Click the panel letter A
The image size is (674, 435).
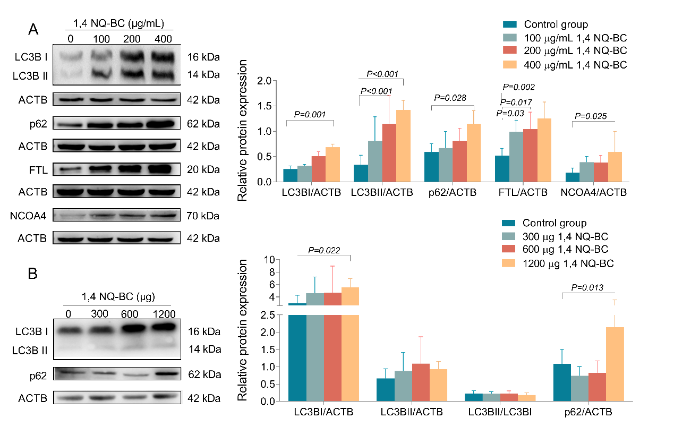click(x=33, y=30)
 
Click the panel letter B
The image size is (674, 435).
click(x=33, y=274)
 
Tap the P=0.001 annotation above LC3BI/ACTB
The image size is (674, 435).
click(x=310, y=115)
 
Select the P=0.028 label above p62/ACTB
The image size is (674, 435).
click(x=450, y=98)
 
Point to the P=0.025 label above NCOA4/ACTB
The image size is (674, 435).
click(x=591, y=116)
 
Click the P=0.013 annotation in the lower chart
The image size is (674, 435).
click(x=587, y=288)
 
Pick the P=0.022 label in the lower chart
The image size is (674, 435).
click(x=324, y=251)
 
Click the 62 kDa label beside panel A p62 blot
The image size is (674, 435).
click(x=203, y=124)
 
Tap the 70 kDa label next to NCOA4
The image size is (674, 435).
click(x=203, y=216)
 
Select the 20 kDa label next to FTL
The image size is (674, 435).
click(x=203, y=169)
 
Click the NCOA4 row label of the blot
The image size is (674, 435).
click(x=28, y=216)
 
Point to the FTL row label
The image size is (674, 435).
click(x=38, y=170)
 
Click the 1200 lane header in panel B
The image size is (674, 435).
click(x=164, y=314)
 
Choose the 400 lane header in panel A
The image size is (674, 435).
click(x=163, y=39)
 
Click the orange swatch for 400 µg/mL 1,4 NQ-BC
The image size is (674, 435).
click(x=510, y=65)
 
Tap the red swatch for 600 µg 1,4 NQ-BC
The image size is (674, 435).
click(x=508, y=249)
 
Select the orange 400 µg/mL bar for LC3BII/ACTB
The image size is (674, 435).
click(x=403, y=146)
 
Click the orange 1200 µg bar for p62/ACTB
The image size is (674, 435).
click(x=615, y=364)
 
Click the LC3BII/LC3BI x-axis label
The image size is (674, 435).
click(x=500, y=412)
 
